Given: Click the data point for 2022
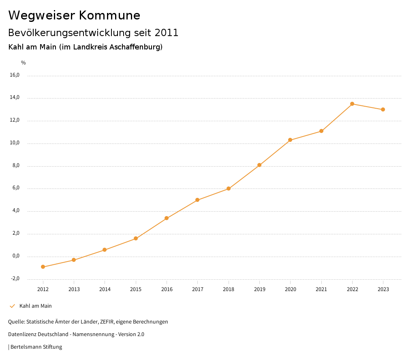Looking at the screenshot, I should point(352,104).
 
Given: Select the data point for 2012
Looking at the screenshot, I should point(43,267).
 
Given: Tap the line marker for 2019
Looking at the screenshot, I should point(259,165).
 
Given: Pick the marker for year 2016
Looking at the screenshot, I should point(167,218).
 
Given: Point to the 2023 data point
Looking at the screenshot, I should point(383,109).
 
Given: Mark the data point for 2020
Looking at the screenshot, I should point(290,140).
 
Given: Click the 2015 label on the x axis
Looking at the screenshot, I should point(136,289).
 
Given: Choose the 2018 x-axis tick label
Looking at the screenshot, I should point(229,289).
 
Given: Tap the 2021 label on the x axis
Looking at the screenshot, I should point(321,289).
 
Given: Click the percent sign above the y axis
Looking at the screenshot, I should point(24,63).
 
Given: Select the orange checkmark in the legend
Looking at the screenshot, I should point(12,306).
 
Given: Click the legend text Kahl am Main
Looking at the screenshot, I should point(36,306).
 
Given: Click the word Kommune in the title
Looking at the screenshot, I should point(109,15).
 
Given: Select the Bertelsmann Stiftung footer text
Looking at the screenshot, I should point(36,347).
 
